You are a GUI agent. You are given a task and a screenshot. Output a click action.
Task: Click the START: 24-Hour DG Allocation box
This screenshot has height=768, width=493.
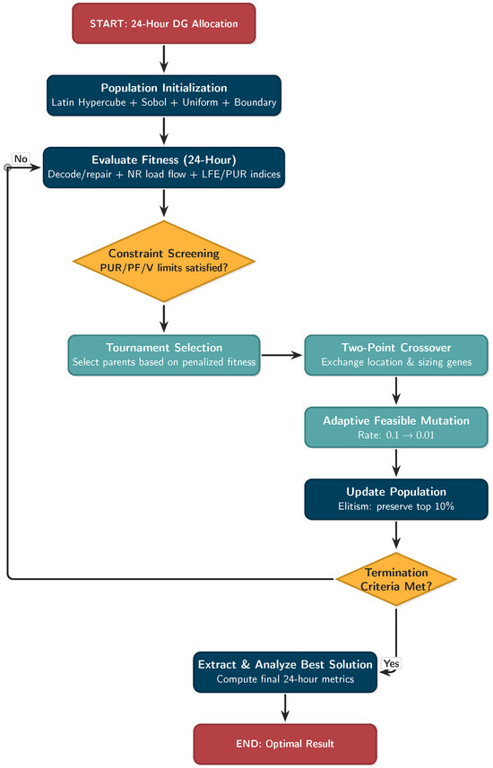[164, 23]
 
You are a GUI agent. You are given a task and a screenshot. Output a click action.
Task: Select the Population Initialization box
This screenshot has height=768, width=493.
[164, 95]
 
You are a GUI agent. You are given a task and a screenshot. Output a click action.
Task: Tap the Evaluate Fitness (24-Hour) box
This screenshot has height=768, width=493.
[164, 167]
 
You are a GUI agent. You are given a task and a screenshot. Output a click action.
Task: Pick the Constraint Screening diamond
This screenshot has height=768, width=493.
[164, 261]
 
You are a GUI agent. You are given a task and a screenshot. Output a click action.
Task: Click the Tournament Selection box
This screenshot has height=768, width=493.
[164, 355]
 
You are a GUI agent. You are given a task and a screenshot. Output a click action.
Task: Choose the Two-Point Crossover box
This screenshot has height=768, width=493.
[396, 355]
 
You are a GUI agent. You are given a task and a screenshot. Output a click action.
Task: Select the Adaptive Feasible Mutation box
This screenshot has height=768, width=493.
[396, 427]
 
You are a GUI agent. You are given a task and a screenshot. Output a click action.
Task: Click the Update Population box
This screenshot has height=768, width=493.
[396, 499]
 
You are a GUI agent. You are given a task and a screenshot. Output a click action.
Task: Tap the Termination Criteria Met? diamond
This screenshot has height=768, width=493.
[396, 579]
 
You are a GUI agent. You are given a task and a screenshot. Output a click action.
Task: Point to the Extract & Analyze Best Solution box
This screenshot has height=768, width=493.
[285, 671]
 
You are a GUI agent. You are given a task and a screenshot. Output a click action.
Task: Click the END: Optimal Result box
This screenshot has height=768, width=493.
[285, 744]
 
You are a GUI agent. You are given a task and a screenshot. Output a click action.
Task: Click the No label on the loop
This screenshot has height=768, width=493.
[21, 159]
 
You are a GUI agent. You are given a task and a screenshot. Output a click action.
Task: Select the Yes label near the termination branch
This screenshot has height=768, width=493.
[391, 663]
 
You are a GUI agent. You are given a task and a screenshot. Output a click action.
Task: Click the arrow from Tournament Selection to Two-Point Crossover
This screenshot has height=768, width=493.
[281, 355]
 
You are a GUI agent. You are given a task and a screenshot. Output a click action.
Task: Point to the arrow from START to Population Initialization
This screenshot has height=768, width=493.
[164, 59]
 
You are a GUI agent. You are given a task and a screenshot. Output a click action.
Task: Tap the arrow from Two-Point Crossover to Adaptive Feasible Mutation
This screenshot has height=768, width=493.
[396, 391]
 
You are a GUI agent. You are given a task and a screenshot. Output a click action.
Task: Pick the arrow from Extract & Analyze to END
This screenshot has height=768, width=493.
[285, 708]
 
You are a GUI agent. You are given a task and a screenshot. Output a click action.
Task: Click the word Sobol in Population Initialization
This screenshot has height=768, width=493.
[154, 102]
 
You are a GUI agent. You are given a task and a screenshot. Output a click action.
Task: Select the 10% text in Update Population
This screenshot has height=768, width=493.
[445, 506]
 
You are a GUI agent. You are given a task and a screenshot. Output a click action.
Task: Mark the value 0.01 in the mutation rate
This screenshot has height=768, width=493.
[425, 435]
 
